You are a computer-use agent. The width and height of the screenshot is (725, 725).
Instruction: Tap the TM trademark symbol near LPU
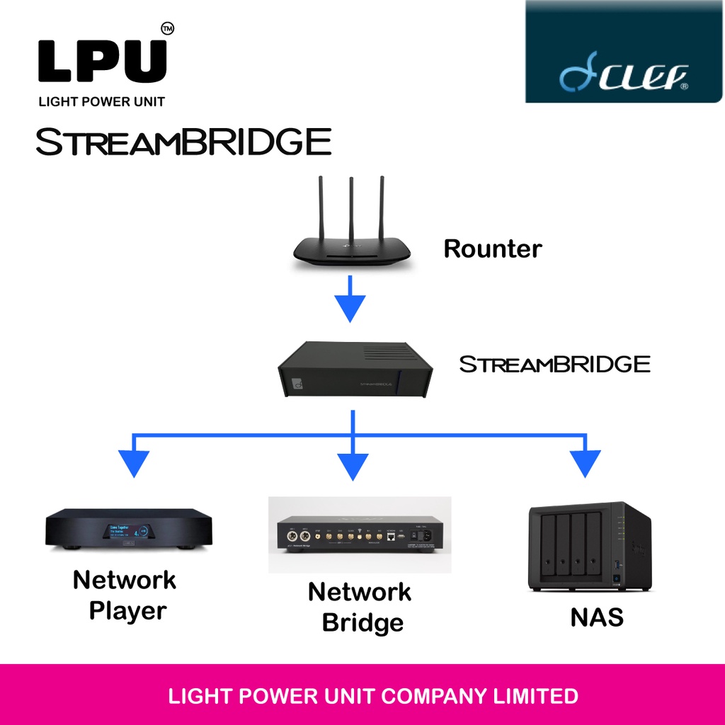click(x=167, y=29)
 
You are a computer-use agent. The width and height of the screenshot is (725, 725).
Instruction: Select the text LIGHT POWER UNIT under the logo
click(x=101, y=102)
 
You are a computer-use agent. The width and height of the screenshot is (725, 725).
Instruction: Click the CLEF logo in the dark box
click(x=624, y=75)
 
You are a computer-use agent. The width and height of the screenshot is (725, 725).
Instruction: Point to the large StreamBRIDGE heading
click(x=183, y=142)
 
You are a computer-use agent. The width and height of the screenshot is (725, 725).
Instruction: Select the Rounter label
click(x=492, y=249)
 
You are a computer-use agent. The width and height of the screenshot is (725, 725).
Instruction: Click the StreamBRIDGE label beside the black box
click(x=554, y=365)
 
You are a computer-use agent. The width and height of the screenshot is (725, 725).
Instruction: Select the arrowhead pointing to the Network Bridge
click(x=352, y=465)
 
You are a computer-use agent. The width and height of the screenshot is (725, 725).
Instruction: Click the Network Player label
click(x=125, y=595)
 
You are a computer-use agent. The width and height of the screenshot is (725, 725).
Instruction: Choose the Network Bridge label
click(x=360, y=607)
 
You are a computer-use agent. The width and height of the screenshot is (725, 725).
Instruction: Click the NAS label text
click(x=597, y=617)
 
